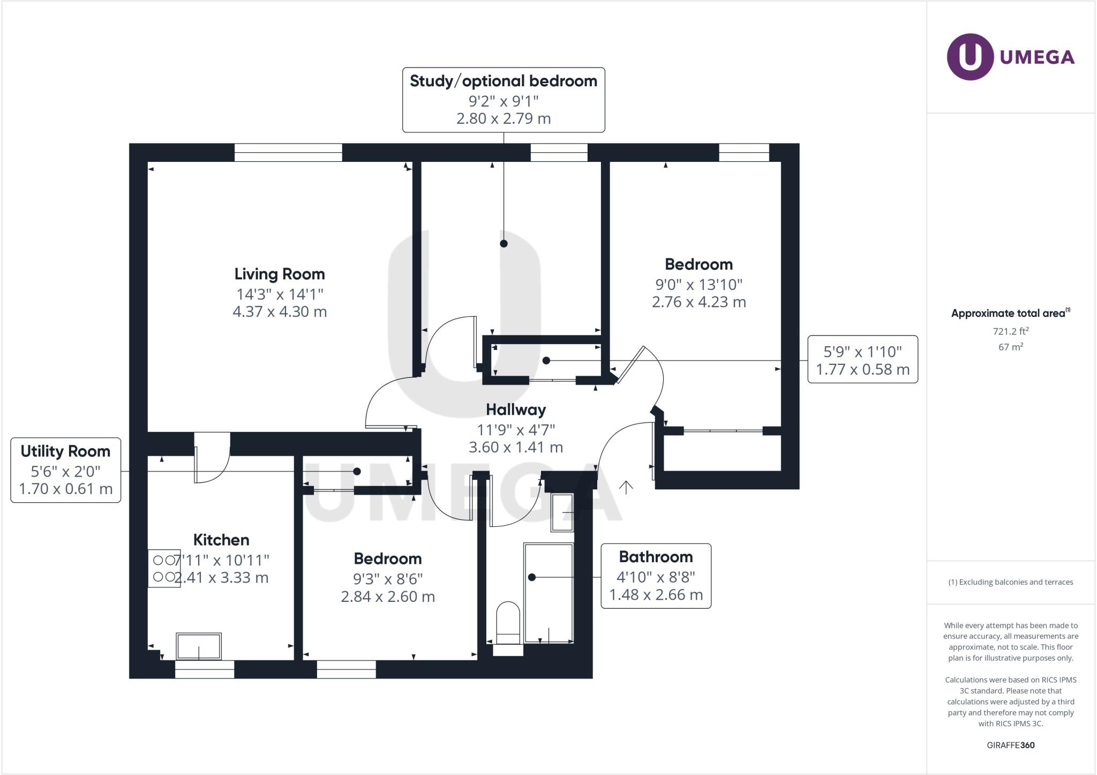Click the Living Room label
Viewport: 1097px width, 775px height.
[x=280, y=274]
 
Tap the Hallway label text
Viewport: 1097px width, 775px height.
[x=516, y=409]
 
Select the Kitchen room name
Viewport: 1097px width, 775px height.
[x=221, y=540]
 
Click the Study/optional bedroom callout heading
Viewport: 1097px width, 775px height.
[x=504, y=81]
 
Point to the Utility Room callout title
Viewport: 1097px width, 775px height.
[x=65, y=451]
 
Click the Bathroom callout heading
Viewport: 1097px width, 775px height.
[x=656, y=557]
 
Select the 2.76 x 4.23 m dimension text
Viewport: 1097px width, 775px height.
[x=698, y=302]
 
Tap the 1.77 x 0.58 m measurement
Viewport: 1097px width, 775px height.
[x=862, y=369]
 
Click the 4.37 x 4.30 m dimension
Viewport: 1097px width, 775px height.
[x=280, y=312]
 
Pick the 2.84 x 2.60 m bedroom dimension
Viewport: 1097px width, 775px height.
[x=388, y=597]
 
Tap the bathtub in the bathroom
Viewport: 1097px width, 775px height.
[x=548, y=592]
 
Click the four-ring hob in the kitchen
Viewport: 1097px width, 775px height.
[x=164, y=569]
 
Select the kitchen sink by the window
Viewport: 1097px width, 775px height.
[x=199, y=646]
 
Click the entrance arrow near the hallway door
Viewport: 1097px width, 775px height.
[x=626, y=487]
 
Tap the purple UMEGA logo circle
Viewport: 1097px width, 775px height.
[x=971, y=57]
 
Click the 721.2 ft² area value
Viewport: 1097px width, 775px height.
[x=1010, y=331]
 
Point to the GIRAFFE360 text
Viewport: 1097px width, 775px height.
[x=1010, y=745]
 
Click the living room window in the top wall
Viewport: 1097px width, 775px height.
[x=288, y=153]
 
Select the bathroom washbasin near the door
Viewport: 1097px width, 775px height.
[x=562, y=512]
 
